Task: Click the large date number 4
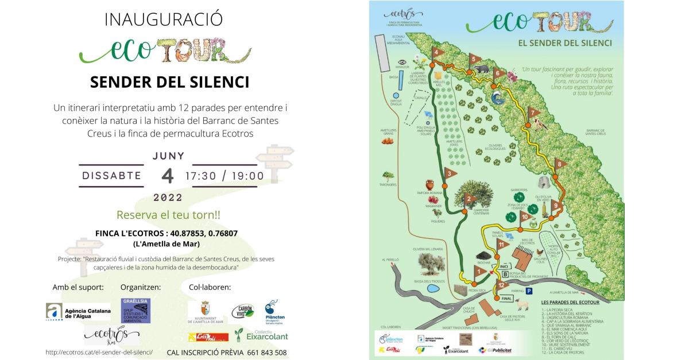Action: coord(167,175)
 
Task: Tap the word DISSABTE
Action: coord(111,176)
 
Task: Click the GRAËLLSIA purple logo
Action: coord(136,310)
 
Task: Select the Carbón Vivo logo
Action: coord(242,311)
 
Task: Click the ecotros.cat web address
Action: coord(99,352)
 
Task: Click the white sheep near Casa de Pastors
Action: coord(521,304)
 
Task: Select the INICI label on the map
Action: coord(505,266)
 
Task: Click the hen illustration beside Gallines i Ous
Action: coord(540,252)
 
